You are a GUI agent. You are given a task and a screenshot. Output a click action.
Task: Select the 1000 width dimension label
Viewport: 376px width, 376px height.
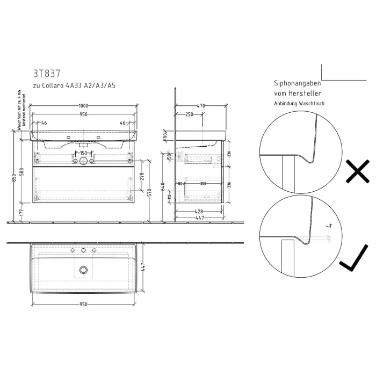[83, 106]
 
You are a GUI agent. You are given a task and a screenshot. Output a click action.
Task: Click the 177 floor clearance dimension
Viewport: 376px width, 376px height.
[22, 212]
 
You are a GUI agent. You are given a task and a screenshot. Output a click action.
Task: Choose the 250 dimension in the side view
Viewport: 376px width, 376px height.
[189, 114]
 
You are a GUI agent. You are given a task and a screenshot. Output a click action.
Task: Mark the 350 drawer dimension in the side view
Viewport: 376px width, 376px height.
[203, 184]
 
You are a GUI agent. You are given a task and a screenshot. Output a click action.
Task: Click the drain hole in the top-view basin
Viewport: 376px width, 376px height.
[83, 270]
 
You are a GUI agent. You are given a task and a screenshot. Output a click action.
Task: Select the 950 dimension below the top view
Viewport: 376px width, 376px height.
[83, 305]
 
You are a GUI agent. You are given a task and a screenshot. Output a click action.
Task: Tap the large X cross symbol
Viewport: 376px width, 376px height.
[357, 172]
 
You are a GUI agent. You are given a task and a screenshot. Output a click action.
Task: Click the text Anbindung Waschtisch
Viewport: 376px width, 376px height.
[299, 103]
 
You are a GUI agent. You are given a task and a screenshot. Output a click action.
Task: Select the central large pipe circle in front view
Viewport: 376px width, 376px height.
[83, 161]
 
